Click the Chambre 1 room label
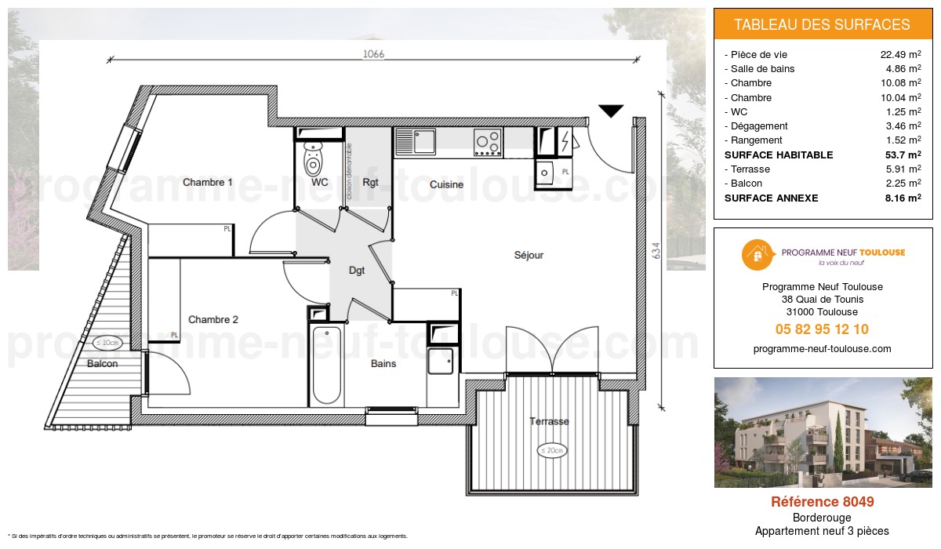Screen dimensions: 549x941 [x=207, y=182]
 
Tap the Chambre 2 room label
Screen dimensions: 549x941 [x=213, y=319]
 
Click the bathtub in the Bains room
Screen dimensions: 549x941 [x=326, y=365]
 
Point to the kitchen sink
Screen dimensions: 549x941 [x=416, y=142]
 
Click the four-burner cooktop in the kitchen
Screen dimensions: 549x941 [x=487, y=142]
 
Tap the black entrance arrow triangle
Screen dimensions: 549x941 [x=610, y=111]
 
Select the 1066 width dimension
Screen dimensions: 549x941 [x=373, y=54]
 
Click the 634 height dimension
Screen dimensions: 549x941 [x=656, y=250]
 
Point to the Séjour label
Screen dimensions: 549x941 [x=529, y=255]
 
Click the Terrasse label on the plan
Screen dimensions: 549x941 [x=549, y=421]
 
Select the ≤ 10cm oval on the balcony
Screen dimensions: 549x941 [x=106, y=342]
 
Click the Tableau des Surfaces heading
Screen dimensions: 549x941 [x=822, y=24]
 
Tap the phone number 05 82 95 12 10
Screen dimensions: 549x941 [x=822, y=329]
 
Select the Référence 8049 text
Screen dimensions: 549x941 [x=822, y=502]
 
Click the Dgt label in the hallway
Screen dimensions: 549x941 [x=357, y=271]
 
